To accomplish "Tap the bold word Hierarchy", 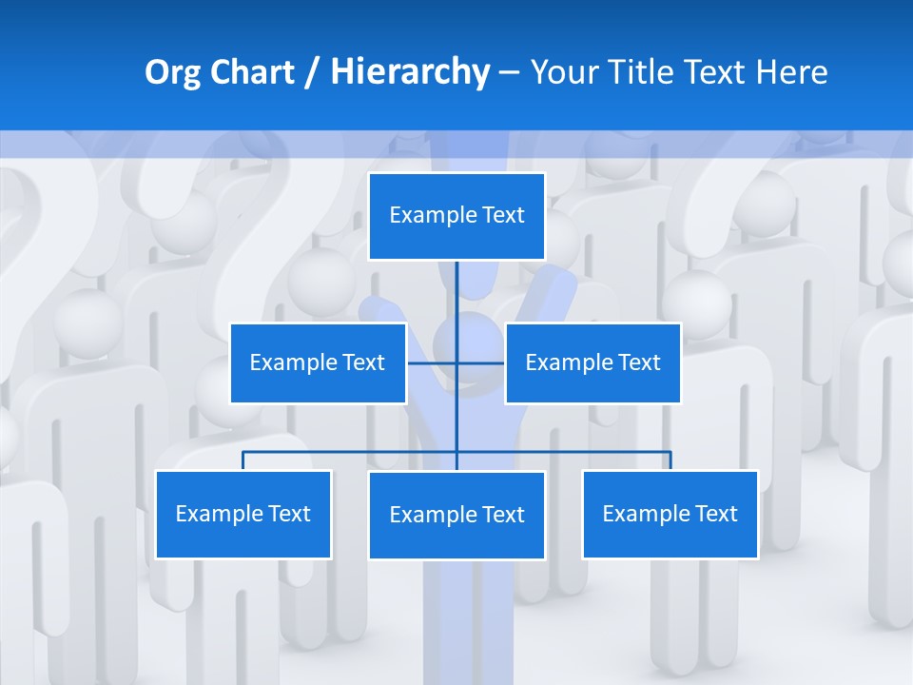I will tap(409, 72).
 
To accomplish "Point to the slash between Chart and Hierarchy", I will tap(312, 72).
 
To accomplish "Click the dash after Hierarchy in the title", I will tap(509, 72).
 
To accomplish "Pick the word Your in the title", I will tap(563, 72).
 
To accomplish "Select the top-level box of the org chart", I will tap(456, 215).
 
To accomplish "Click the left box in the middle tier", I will tap(318, 362).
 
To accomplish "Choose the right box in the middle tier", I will tap(592, 362).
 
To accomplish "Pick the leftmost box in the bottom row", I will tap(243, 514).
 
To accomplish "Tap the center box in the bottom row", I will tap(456, 515).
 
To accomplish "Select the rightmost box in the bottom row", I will tap(670, 514).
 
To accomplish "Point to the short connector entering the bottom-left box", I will tap(243, 460).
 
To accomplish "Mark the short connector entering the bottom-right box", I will tap(670, 460).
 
